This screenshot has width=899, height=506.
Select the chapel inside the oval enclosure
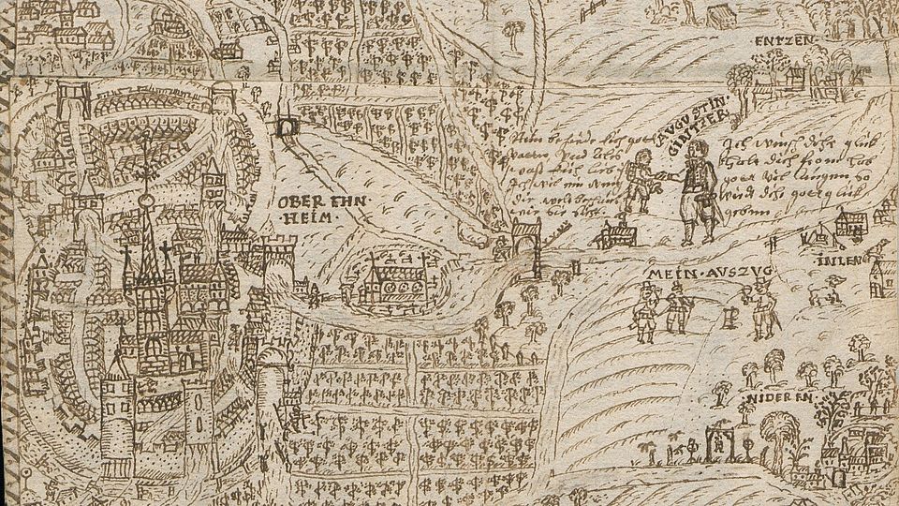coord(390,278)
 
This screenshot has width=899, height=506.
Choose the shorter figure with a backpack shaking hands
coord(640,188)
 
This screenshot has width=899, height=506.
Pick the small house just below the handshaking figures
coord(617,233)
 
